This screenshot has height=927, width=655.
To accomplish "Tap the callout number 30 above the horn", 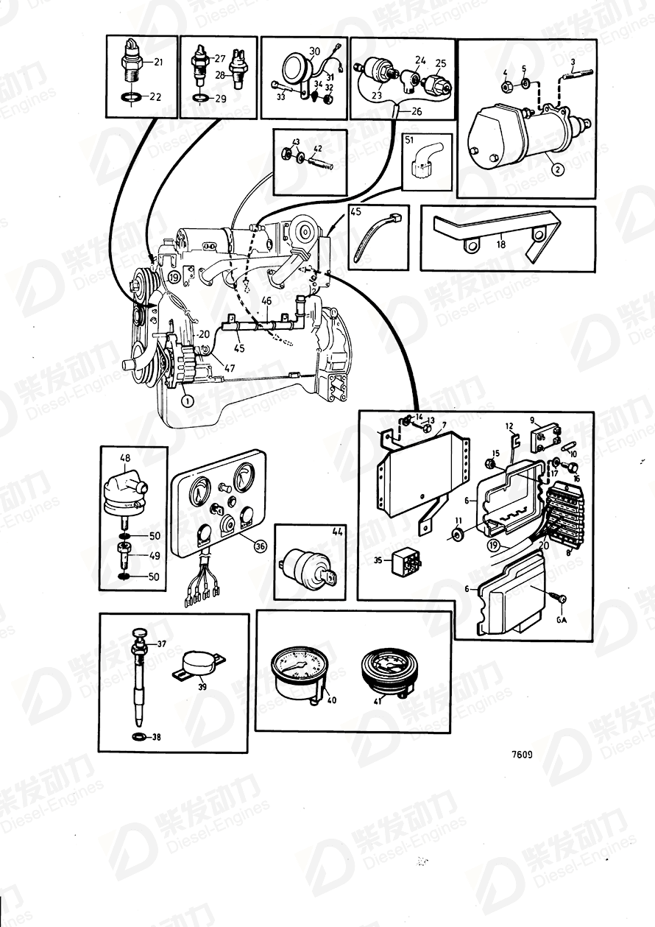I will point(314,51).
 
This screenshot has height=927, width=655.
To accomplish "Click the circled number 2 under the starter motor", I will point(557,169).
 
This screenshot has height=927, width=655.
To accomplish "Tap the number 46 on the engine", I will point(266,301).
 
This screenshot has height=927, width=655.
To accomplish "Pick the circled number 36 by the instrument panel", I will point(260,546).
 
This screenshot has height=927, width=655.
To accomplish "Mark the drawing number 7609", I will point(521,754).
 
